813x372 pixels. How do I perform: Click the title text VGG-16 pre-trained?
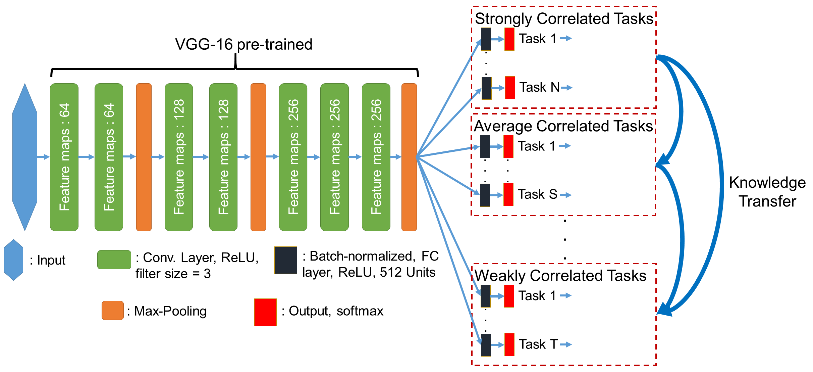(x=244, y=45)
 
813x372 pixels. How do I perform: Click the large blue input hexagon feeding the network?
(x=25, y=157)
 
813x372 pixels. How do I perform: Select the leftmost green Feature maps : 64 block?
(x=64, y=157)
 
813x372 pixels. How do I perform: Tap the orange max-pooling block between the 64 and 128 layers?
(x=144, y=157)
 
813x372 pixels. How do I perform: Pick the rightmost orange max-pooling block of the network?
(x=409, y=157)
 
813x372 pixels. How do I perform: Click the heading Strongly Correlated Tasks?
(x=564, y=18)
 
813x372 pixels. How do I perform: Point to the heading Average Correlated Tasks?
(x=563, y=126)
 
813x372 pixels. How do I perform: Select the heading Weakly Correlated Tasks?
(x=560, y=276)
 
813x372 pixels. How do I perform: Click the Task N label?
(x=540, y=87)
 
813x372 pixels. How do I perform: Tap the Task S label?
(x=538, y=194)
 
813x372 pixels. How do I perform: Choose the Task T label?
(x=538, y=344)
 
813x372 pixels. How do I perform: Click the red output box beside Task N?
(x=510, y=88)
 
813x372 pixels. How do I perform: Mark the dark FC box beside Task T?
(x=486, y=345)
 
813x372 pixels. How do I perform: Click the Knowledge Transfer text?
(x=767, y=192)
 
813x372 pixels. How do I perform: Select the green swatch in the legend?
(x=114, y=260)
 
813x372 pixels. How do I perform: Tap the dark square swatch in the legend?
(x=286, y=260)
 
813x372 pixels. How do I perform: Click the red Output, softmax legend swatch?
(x=265, y=312)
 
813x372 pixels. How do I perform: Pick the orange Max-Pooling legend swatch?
(x=113, y=310)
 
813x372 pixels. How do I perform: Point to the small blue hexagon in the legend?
(x=14, y=260)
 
